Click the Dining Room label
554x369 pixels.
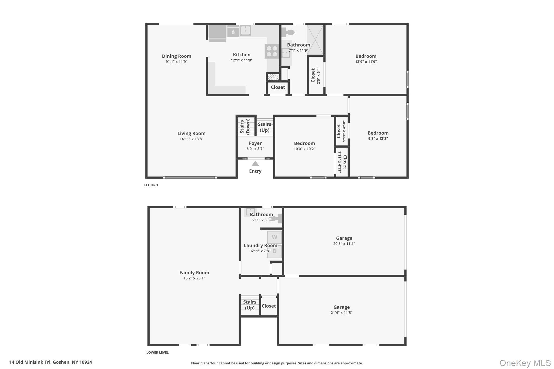point(176,56)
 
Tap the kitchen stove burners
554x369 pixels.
point(272,51)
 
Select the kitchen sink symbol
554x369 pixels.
point(245,31)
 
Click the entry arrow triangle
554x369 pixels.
point(255,164)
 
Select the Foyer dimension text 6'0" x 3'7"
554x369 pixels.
point(255,149)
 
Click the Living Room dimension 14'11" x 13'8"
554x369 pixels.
point(191,139)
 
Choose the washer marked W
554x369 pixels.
point(274,237)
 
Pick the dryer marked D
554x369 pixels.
point(274,251)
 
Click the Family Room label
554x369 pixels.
point(194,272)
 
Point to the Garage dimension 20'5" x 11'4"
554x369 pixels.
point(344,244)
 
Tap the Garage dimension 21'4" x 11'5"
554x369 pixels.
point(341,313)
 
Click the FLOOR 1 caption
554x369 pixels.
point(151,185)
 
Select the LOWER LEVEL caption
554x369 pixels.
point(157,353)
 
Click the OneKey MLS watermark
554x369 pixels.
point(525,363)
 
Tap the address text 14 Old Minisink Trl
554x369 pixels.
point(30,362)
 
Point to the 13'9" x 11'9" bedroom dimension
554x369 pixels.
point(366,62)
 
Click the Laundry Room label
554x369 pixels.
point(260,245)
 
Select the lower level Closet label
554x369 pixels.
point(269,306)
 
